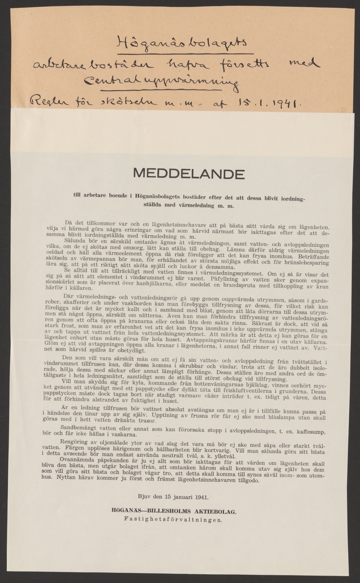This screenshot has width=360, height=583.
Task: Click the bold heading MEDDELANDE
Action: pos(179,174)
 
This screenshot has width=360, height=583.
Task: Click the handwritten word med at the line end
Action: pos(306,63)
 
